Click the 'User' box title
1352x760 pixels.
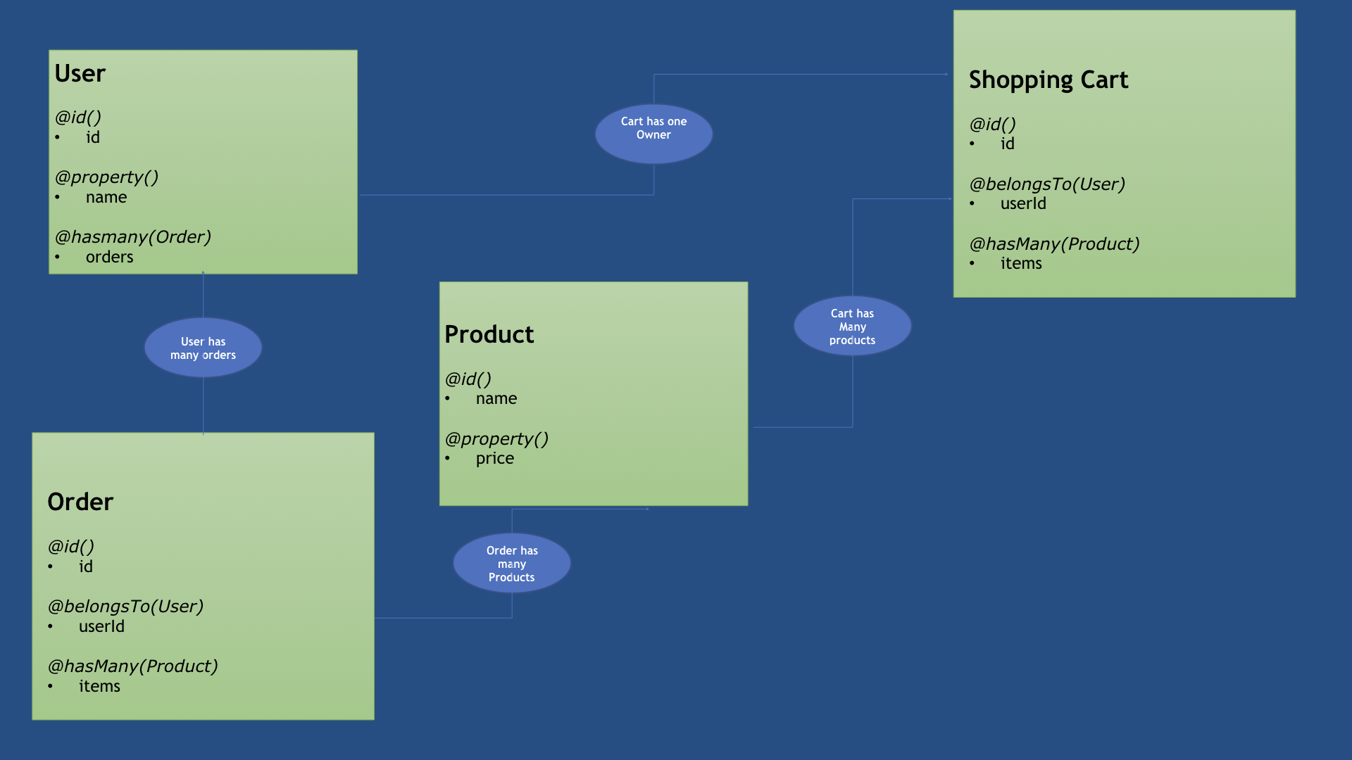pos(80,74)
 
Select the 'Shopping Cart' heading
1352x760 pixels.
pos(1048,80)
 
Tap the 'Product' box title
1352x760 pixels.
pos(489,334)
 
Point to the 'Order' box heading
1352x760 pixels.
pos(80,502)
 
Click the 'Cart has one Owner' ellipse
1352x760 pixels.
pos(653,134)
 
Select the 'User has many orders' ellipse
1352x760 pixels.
pos(203,348)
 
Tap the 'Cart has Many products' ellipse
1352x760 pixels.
pos(852,326)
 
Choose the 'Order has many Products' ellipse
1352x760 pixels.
pos(512,563)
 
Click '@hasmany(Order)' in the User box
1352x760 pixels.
pos(133,237)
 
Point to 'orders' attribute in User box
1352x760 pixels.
pos(109,257)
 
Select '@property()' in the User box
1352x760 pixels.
pos(106,177)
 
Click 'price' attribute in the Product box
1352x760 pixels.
pos(494,458)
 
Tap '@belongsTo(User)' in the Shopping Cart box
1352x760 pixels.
pos(1047,184)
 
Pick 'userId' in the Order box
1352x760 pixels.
pos(101,626)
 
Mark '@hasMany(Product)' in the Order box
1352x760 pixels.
pos(132,666)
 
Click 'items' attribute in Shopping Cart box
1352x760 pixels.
pos(1021,263)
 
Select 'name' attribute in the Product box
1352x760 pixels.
pos(496,398)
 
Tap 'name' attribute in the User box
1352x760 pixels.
pos(106,197)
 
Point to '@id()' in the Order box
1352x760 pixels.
pos(70,547)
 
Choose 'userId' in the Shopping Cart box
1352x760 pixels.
pos(1023,203)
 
